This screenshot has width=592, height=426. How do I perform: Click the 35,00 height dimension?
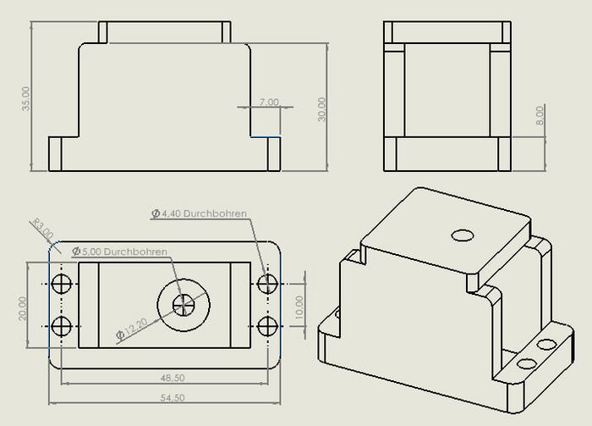(x=25, y=98)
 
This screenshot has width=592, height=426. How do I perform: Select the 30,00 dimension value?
(x=321, y=109)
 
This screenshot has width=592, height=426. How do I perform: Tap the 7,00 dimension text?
(x=269, y=102)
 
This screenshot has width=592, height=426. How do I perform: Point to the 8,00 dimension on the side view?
(x=540, y=116)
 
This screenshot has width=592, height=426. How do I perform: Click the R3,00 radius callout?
(x=43, y=229)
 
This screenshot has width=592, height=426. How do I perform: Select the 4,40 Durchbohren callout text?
(x=200, y=213)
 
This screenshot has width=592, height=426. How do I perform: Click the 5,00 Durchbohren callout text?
(x=120, y=252)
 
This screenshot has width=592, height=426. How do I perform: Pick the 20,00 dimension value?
(x=23, y=308)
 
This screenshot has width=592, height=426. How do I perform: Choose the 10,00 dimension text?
(x=299, y=307)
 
